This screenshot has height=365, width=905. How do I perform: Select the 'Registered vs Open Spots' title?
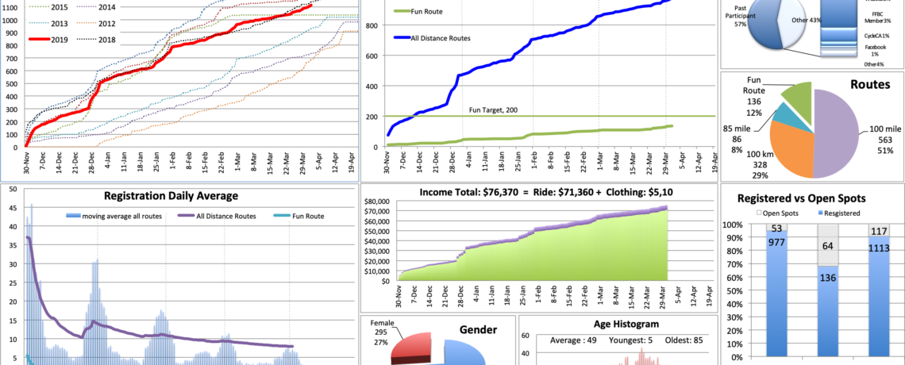click(811, 199)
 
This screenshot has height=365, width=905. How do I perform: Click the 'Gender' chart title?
click(478, 329)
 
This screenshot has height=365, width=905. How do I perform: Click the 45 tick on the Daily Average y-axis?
click(10, 209)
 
